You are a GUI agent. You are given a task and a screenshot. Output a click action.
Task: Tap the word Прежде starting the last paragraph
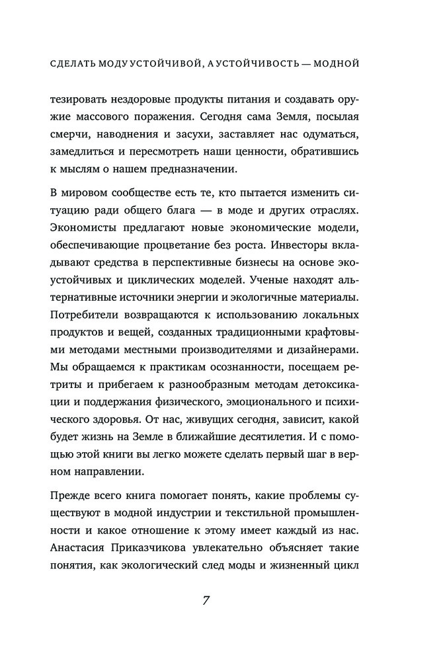(x=71, y=491)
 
